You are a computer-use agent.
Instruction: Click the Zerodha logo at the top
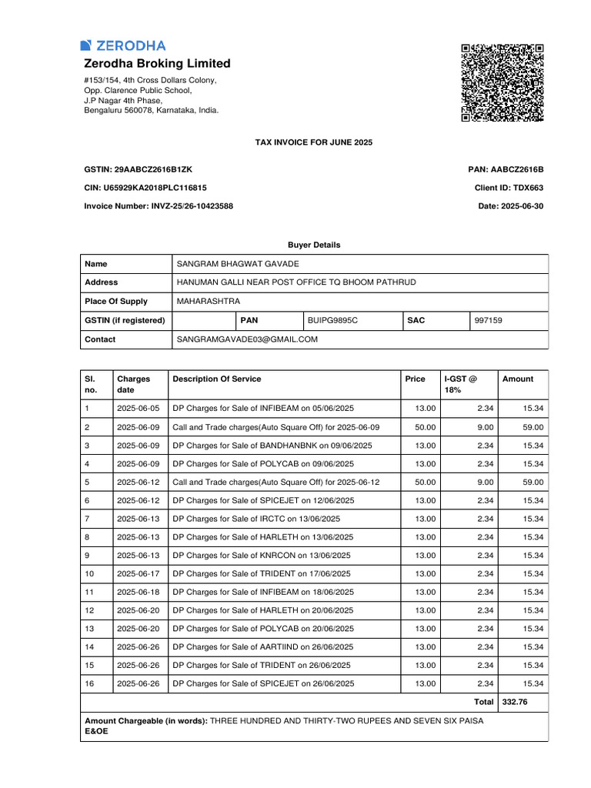[x=122, y=45]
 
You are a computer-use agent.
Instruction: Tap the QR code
[x=503, y=82]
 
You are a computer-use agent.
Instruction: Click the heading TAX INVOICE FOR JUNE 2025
[x=313, y=142]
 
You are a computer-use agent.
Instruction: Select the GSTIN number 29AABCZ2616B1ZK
[x=153, y=169]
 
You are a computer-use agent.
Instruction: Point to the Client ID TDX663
[x=528, y=188]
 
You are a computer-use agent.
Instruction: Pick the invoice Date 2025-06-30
[x=521, y=206]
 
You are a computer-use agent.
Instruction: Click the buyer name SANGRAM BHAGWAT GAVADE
[x=238, y=264]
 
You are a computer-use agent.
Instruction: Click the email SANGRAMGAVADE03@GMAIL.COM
[x=247, y=339]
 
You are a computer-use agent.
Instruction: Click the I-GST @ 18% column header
[x=461, y=384]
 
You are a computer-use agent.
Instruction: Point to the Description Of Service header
[x=216, y=379]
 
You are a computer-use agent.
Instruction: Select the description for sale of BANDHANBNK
[x=272, y=446]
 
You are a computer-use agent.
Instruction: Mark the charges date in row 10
[x=138, y=573]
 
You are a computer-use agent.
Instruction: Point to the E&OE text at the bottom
[x=96, y=731]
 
